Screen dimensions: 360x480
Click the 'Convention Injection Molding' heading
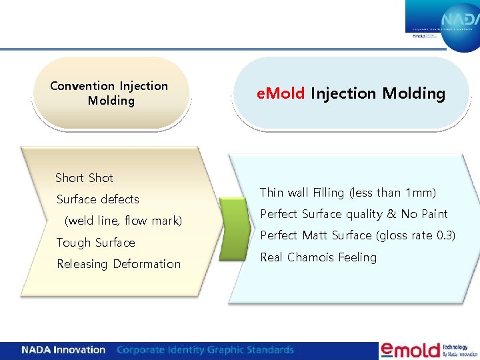[109, 93]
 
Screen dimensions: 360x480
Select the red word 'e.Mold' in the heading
[281, 93]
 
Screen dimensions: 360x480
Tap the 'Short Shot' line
[84, 178]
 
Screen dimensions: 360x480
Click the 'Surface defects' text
[98, 199]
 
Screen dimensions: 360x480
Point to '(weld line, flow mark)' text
[123, 221]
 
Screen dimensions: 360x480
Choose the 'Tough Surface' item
[95, 243]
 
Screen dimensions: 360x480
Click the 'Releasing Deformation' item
[119, 264]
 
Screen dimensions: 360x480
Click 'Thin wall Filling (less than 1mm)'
[347, 193]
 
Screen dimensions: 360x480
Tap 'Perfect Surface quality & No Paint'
[353, 214]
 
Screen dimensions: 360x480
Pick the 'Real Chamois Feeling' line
[318, 257]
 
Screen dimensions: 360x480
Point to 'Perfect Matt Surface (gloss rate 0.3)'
[357, 235]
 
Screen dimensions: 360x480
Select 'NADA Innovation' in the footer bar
[63, 350]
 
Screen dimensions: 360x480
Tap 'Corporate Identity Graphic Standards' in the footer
[205, 350]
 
